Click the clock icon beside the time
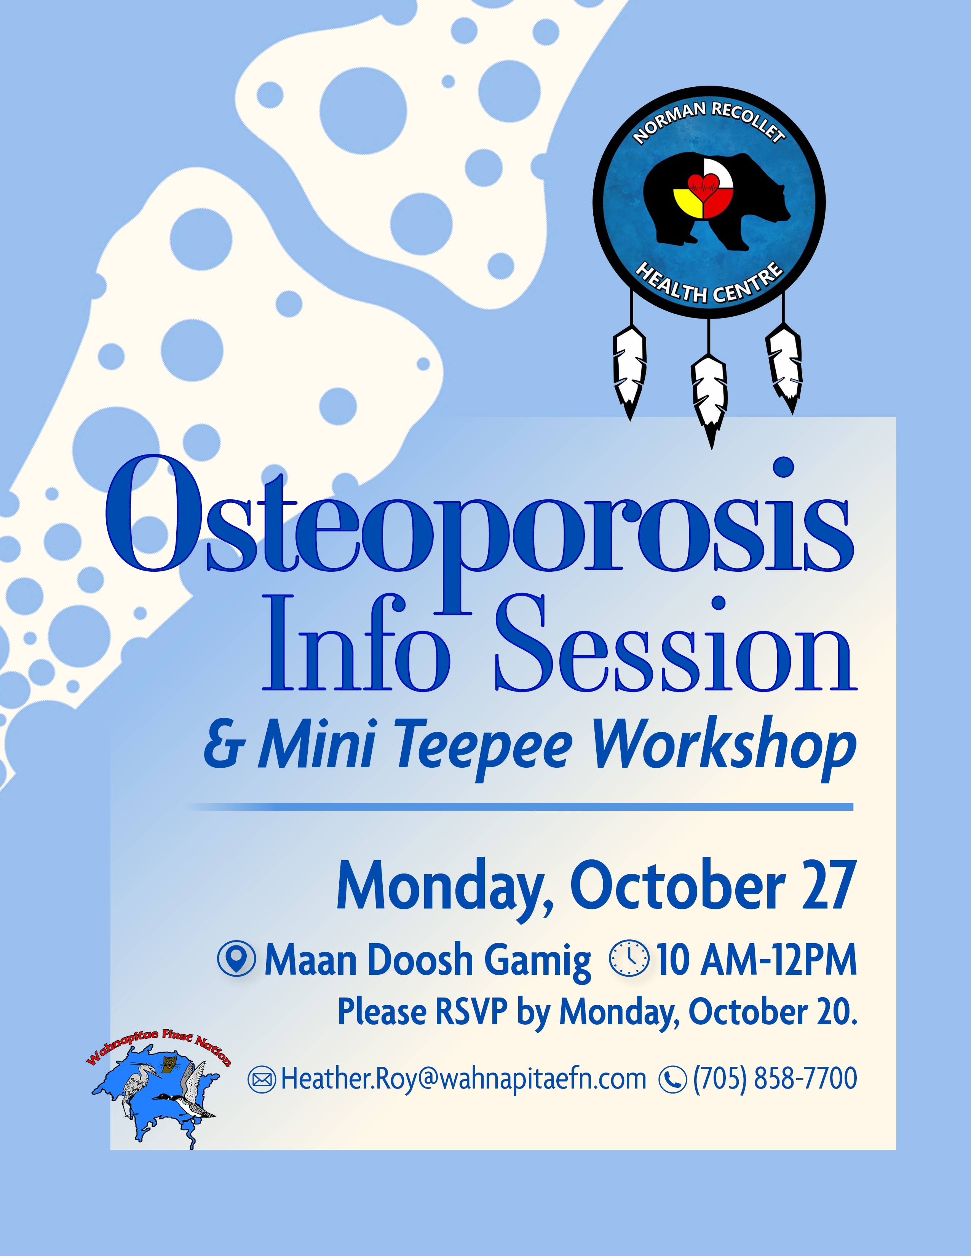(629, 958)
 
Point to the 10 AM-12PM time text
(757, 959)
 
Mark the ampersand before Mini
(224, 749)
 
